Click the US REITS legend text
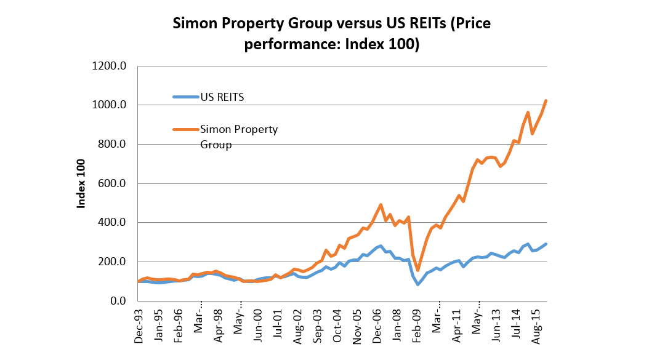pos(223,97)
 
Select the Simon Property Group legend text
pos(239,137)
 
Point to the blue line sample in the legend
pos(186,97)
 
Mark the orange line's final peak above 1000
pos(546,100)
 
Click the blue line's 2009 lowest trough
pos(418,284)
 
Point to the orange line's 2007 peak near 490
pos(381,205)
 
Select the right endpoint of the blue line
pos(546,244)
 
